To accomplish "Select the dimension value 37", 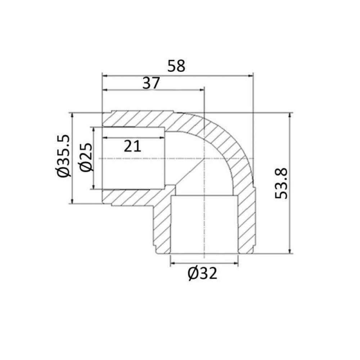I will click(x=151, y=84).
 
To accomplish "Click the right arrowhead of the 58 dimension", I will click(x=251, y=76).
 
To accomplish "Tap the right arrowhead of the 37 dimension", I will click(x=201, y=90).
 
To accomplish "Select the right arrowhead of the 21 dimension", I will click(x=163, y=138).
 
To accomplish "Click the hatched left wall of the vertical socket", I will click(x=162, y=223).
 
